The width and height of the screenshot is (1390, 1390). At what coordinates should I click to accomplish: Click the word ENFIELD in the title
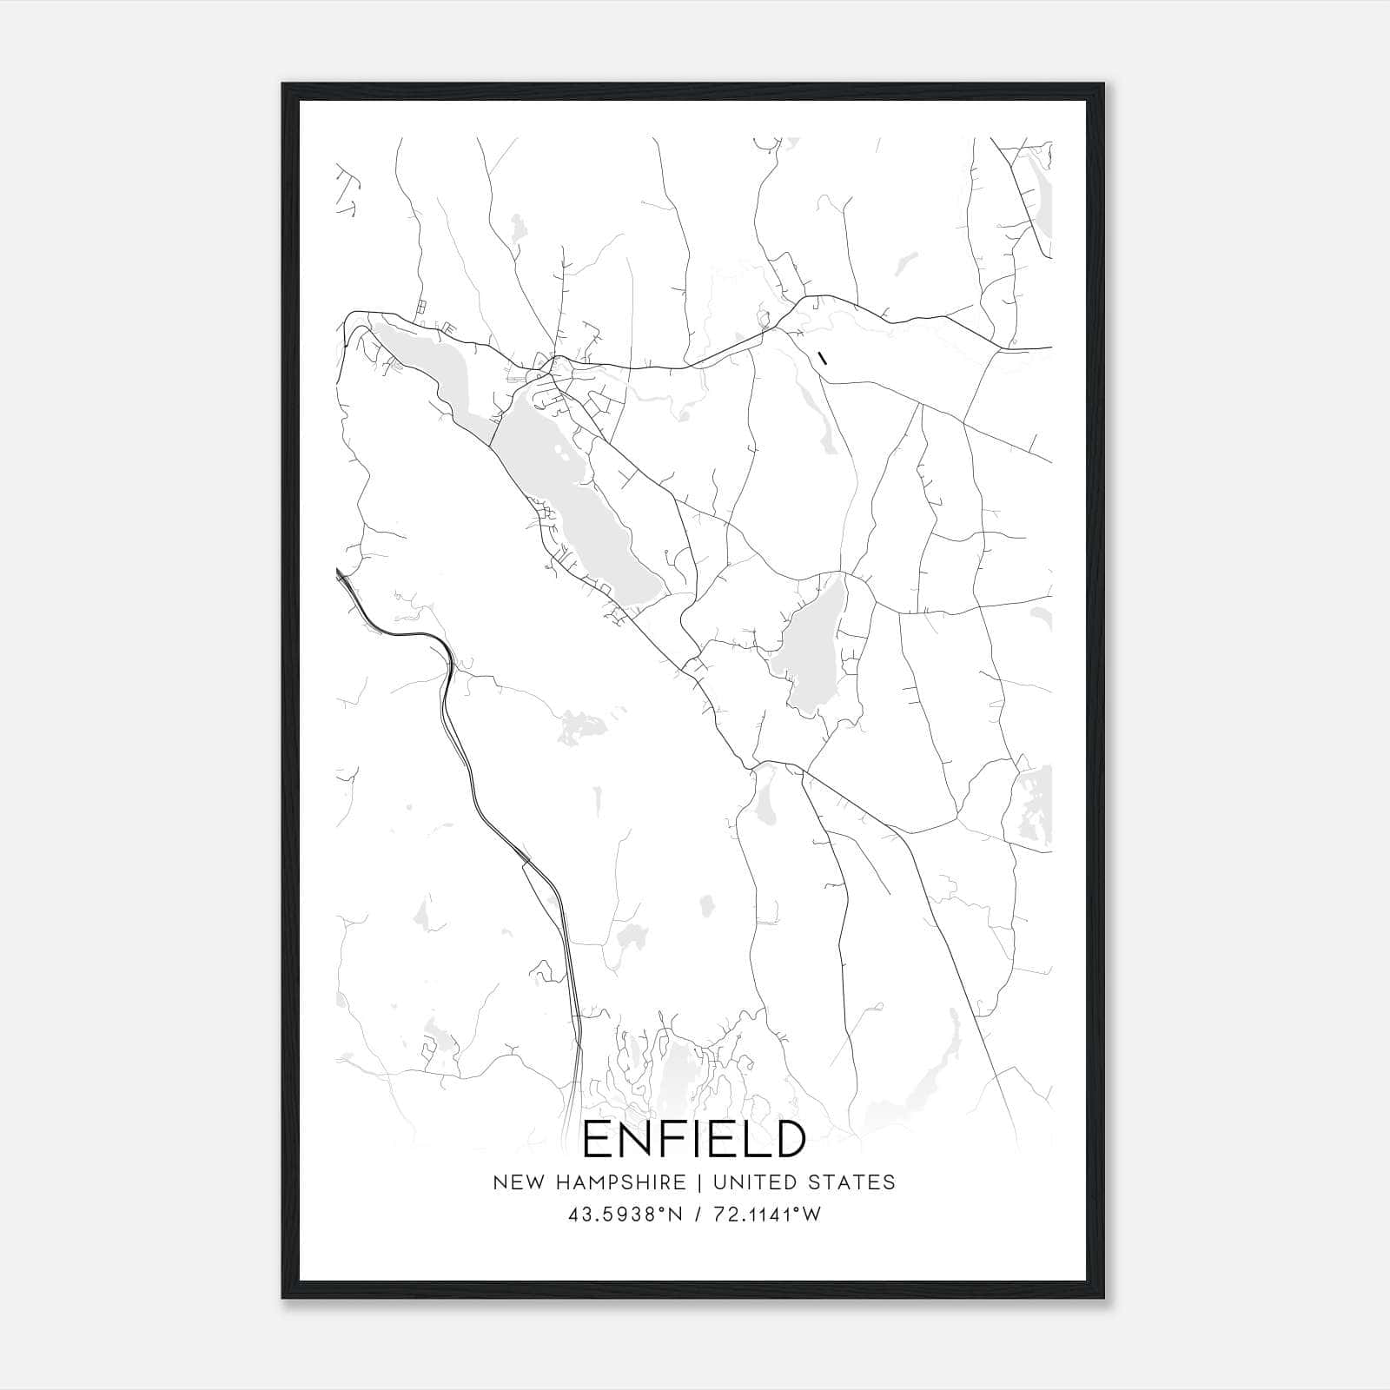pyautogui.click(x=693, y=1139)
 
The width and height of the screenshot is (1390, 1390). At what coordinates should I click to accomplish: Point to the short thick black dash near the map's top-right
pyautogui.click(x=822, y=355)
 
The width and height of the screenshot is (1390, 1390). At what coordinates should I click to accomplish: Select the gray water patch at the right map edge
pyautogui.click(x=1038, y=804)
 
